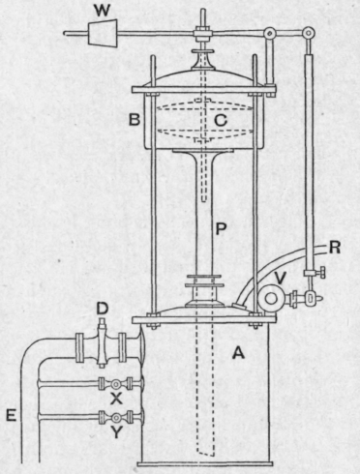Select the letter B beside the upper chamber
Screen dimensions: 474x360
136,121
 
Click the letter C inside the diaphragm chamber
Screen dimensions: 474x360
221,121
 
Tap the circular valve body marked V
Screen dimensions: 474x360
266,299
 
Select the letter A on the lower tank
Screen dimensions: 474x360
234,354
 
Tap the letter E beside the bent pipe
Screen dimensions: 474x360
10,416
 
